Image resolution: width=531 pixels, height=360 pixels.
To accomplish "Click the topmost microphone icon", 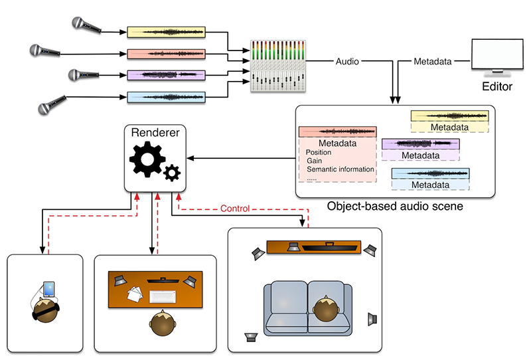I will pyautogui.click(x=86, y=25).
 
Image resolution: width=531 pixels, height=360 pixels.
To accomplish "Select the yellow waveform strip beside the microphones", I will pyautogui.click(x=166, y=32).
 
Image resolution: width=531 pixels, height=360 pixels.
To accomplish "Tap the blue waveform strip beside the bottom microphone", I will pyautogui.click(x=166, y=97).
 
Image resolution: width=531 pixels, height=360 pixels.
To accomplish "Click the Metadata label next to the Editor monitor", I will pyautogui.click(x=433, y=62).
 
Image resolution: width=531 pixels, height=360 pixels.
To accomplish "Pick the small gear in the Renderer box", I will pyautogui.click(x=173, y=173).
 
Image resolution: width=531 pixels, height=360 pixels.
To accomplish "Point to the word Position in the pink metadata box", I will pyautogui.click(x=319, y=152).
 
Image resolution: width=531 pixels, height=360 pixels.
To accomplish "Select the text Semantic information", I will pyautogui.click(x=341, y=169).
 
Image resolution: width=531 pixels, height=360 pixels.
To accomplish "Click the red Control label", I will pyautogui.click(x=235, y=209).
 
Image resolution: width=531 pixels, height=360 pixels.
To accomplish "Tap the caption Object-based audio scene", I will pyautogui.click(x=395, y=207).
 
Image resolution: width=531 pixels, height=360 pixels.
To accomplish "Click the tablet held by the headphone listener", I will pyautogui.click(x=48, y=290).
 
